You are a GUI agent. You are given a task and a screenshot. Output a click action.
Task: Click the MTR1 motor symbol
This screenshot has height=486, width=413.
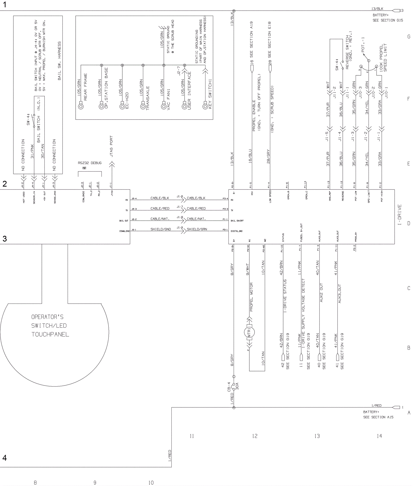[x=249, y=332]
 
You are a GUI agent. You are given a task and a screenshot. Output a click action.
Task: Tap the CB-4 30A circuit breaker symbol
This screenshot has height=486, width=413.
[x=234, y=386]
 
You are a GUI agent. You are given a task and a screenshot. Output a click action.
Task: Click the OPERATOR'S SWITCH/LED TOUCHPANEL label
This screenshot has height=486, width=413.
[x=50, y=326]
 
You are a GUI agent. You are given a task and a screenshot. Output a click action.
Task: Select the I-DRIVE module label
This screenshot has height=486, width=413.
[x=400, y=215]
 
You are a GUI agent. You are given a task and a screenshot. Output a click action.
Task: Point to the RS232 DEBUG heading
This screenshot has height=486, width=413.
[x=90, y=163]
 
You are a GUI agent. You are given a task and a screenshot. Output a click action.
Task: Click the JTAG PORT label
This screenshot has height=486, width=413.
[x=112, y=146]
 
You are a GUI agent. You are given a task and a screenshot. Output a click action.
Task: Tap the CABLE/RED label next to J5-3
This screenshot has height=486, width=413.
[x=160, y=209]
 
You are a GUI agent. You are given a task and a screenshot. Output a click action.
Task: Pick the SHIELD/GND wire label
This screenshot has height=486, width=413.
[x=161, y=229]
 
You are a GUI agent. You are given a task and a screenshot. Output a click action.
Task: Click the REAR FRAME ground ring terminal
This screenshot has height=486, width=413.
[x=81, y=106]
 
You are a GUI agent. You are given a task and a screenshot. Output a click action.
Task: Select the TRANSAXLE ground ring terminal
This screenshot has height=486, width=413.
[x=143, y=106]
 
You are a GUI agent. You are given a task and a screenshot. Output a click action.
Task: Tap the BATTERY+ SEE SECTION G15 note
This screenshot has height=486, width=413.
[x=387, y=18]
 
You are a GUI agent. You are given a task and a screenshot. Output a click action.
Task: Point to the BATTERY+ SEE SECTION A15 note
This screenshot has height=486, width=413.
[x=378, y=415]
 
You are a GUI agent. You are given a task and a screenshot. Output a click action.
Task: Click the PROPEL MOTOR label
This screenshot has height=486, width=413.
[x=251, y=297]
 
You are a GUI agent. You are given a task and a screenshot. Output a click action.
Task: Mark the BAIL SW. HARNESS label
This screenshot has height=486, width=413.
[x=59, y=61]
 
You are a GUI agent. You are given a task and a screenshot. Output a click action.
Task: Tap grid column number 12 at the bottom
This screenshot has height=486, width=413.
[x=255, y=436]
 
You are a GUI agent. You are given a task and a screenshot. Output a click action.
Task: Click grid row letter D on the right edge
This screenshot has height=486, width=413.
[x=409, y=223]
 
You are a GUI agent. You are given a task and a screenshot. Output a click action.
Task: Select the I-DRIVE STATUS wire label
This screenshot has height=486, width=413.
[x=285, y=296]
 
